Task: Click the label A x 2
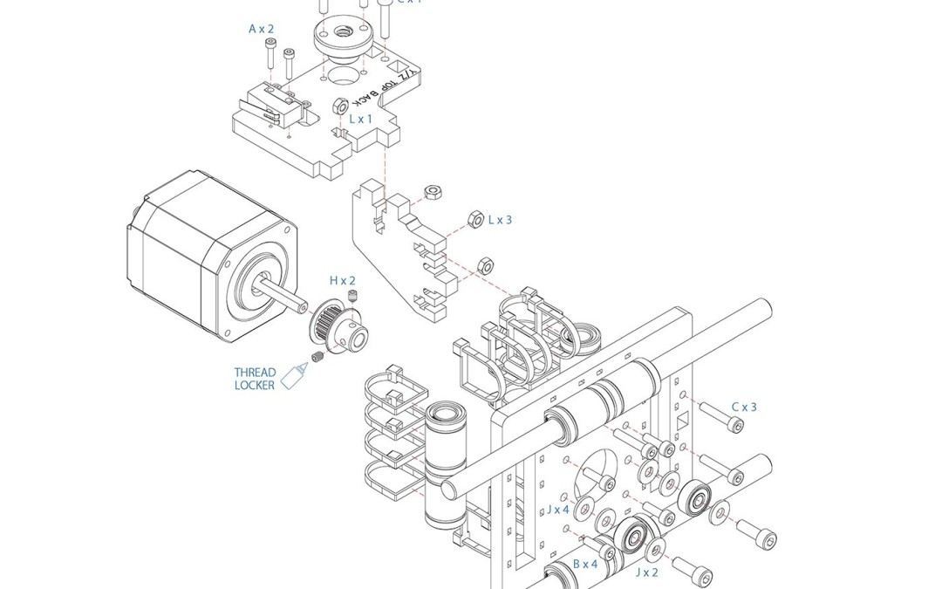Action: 261,29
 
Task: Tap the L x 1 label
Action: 360,119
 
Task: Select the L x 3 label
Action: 500,220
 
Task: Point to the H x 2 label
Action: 343,280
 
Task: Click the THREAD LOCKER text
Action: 255,379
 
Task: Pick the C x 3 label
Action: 744,407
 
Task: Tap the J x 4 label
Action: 558,510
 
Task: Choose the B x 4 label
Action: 585,565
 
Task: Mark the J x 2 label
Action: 647,572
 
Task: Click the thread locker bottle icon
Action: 295,374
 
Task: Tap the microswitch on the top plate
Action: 272,102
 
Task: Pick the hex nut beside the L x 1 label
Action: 341,106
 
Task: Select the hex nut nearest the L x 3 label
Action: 475,219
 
